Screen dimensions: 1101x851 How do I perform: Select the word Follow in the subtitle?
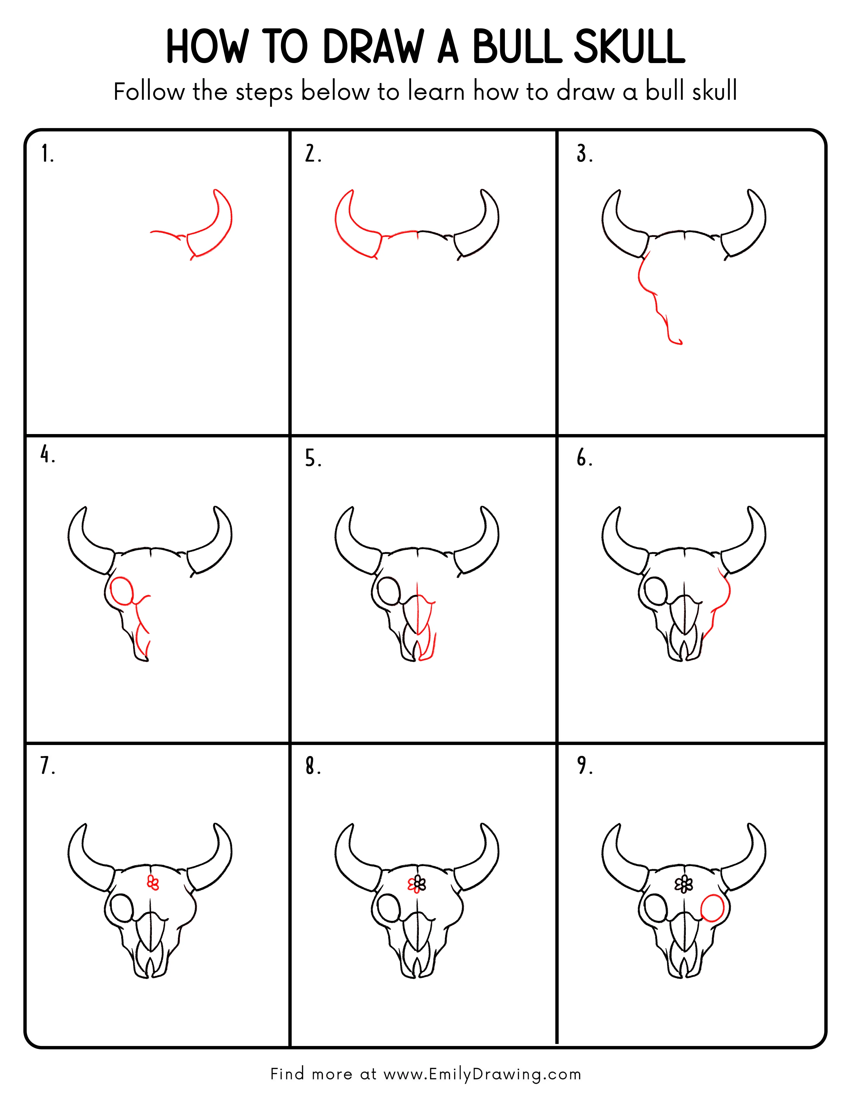(149, 92)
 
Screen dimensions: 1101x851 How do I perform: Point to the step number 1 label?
(47, 154)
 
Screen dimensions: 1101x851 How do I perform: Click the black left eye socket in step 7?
(121, 908)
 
